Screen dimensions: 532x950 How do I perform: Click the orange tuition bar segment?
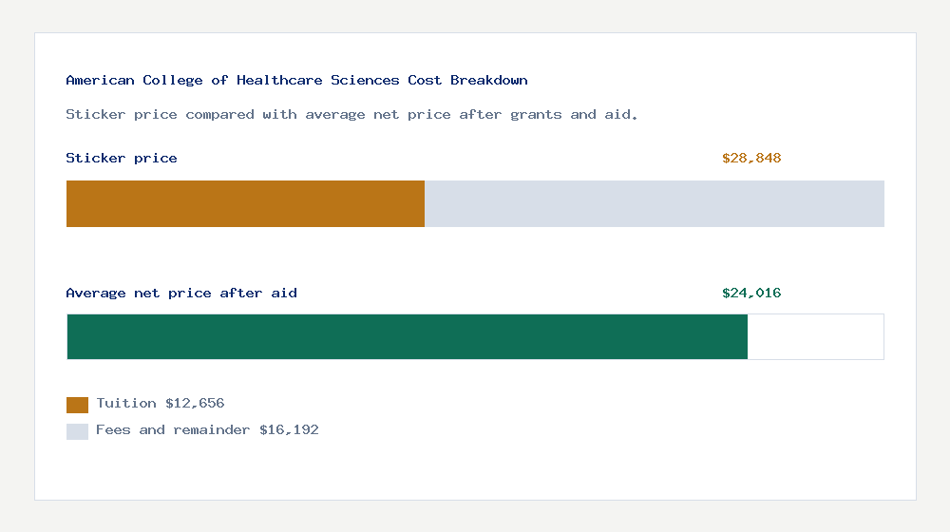[x=245, y=203]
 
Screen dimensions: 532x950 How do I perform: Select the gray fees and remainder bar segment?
[x=654, y=203]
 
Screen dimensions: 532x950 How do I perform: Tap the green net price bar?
[x=407, y=336]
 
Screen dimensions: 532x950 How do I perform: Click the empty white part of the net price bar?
[x=815, y=336]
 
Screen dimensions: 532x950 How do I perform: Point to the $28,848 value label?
[x=750, y=159]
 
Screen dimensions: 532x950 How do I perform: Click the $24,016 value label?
[x=750, y=294]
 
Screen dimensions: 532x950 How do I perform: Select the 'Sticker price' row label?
[x=122, y=159]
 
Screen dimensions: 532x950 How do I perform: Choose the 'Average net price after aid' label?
[x=181, y=294]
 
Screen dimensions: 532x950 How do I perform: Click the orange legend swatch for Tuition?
[x=77, y=405]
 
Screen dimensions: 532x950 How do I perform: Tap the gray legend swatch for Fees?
[x=77, y=431]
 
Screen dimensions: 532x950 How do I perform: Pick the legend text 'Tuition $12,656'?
[x=160, y=404]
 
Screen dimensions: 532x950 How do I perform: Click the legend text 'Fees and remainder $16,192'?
[x=207, y=430]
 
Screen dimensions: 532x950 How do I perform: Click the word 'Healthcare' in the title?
[x=279, y=81]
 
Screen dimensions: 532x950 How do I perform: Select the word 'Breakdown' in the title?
[x=489, y=81]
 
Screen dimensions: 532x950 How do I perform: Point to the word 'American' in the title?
[x=100, y=81]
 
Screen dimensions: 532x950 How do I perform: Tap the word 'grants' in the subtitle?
[x=536, y=115]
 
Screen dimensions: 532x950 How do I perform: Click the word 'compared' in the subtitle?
[x=219, y=115]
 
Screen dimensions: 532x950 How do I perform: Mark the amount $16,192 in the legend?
[x=289, y=430]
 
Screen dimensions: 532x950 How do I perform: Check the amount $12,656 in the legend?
[x=195, y=404]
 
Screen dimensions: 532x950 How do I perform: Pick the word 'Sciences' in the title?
[x=365, y=81]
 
